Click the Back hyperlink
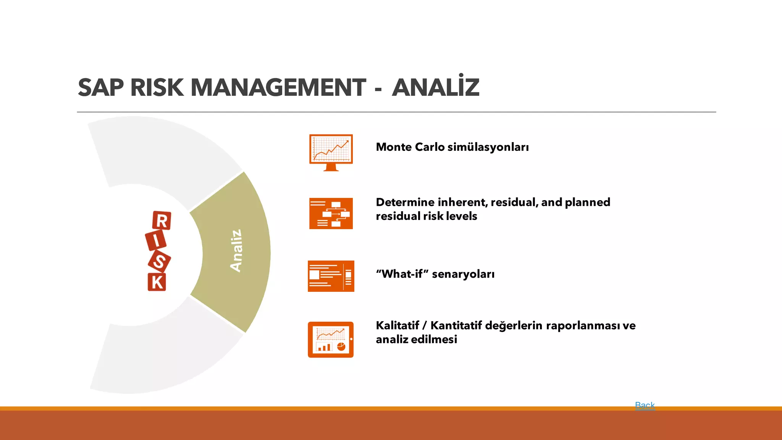pos(645,405)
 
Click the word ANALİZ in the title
pos(435,87)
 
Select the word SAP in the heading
pos(101,87)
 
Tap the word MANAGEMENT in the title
pos(278,87)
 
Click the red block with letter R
pos(162,221)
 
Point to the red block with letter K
pos(157,282)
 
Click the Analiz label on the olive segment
pos(236,251)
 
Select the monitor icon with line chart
pos(331,152)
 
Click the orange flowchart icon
pos(331,214)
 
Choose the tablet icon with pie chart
pos(331,340)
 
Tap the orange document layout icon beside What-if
pos(331,276)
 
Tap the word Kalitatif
pos(397,325)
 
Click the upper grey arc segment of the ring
pos(164,153)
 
